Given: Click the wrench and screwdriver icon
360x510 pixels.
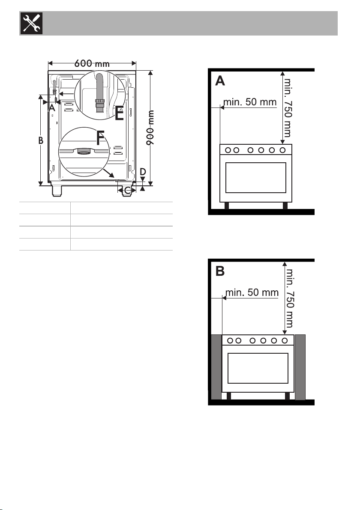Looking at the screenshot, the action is (x=32, y=23).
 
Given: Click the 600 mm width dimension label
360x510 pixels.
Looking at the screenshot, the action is (x=92, y=63).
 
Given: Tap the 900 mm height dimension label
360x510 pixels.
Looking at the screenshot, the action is (x=150, y=128).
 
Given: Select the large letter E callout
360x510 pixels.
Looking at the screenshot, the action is (x=119, y=113).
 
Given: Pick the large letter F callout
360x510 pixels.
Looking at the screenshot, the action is (x=101, y=138).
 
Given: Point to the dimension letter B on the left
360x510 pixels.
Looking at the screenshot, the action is (x=41, y=140).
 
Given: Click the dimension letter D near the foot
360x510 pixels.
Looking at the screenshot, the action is (x=143, y=172).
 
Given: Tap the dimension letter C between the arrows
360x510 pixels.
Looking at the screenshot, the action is (x=128, y=190).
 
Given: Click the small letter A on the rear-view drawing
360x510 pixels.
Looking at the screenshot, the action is (x=52, y=107).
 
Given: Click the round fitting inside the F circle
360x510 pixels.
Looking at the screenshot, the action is (x=84, y=151).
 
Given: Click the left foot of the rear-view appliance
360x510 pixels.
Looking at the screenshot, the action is (x=57, y=191).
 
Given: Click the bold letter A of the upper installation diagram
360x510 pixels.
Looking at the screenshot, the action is (x=220, y=81).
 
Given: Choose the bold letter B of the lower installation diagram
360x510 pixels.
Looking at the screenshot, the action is (x=220, y=271).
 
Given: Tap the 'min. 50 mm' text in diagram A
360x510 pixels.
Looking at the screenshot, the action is (x=250, y=102).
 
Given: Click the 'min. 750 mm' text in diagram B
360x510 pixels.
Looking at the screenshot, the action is (x=289, y=298).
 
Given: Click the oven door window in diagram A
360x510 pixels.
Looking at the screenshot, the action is (x=255, y=178).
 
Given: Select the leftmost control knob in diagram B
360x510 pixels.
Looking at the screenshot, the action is (x=230, y=340).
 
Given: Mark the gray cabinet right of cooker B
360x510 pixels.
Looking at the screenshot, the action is (x=300, y=367).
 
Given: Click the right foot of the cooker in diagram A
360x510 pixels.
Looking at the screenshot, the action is (x=285, y=206).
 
